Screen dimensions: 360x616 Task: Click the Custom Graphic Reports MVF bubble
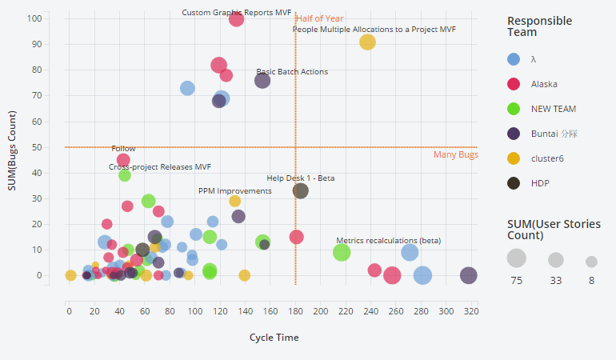[x=236, y=18]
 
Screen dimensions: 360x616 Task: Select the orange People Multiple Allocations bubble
[x=367, y=42]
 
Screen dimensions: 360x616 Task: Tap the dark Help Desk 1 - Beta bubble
[x=301, y=190]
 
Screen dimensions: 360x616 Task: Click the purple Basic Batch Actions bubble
[x=262, y=80]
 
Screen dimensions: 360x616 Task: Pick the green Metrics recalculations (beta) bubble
[x=342, y=253]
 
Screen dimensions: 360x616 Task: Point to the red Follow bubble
[x=123, y=160]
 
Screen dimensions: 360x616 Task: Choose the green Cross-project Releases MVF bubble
[x=125, y=175]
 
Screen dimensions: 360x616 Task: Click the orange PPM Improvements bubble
[x=235, y=201]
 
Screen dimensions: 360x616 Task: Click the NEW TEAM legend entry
[x=553, y=108]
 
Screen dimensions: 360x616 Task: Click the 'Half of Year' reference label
[x=320, y=18]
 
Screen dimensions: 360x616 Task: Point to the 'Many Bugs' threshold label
[x=456, y=154]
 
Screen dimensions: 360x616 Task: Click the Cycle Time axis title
[x=274, y=338]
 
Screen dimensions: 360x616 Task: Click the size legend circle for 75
[x=517, y=258]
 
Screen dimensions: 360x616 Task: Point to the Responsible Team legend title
[x=540, y=26]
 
